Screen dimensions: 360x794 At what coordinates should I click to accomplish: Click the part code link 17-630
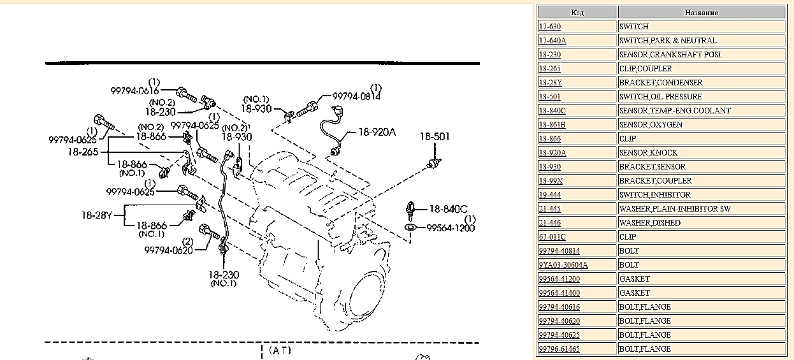tap(549, 27)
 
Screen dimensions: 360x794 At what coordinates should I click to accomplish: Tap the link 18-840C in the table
tap(552, 111)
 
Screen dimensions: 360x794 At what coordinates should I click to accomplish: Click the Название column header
tap(701, 12)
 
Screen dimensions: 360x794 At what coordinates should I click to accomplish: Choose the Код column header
tap(577, 12)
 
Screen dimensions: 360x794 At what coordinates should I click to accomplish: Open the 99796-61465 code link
tap(559, 349)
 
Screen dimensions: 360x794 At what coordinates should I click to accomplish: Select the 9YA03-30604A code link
tap(563, 265)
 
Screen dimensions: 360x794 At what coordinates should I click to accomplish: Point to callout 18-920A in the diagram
tap(377, 133)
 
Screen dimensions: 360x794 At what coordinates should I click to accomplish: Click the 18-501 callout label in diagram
tap(435, 136)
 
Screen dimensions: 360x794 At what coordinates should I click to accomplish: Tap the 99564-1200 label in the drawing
tap(451, 228)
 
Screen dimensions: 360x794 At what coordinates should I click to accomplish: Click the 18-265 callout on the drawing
tap(83, 152)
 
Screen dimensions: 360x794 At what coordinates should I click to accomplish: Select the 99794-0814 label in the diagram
tap(357, 96)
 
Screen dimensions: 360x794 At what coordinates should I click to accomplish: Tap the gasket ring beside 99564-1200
tap(411, 227)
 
